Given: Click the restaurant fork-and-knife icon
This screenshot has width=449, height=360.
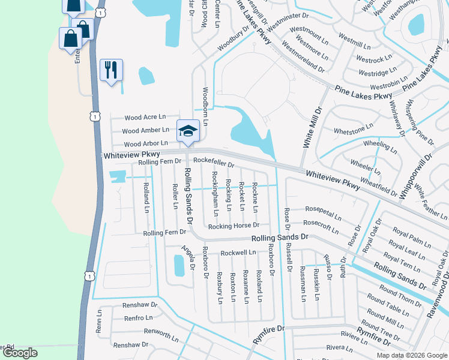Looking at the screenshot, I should pos(110,70).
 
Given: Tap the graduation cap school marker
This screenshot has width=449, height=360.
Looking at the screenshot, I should pos(187,131).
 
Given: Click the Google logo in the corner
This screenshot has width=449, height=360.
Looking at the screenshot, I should pos(20,353).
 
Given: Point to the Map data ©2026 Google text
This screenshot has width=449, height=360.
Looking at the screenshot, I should pos(412,355).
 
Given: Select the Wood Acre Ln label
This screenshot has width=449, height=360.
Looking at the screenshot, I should pos(145,118).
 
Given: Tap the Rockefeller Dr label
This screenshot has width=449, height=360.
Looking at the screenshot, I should pos(214,163).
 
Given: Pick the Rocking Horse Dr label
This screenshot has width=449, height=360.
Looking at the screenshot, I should pos(234,226).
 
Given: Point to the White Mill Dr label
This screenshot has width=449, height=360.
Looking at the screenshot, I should pos(313,128).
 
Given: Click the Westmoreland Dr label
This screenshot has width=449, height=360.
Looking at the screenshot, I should pos(304,53).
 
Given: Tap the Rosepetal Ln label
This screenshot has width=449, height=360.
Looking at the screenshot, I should pos(323,212).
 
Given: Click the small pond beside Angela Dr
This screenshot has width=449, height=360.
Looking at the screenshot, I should pos(178,265).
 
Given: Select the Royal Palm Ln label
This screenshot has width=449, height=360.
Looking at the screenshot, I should pos(412,234).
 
